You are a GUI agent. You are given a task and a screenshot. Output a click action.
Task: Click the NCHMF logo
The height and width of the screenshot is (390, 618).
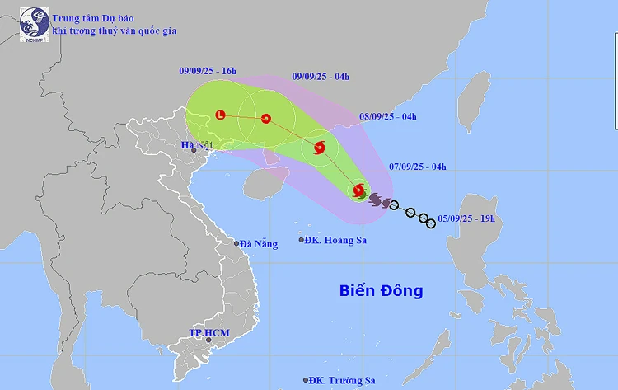click(34, 24)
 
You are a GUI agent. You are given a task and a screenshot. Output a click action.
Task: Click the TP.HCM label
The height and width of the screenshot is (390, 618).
click(209, 333)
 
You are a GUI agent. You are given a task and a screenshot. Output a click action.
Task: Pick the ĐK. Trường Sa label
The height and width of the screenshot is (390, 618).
click(341, 380)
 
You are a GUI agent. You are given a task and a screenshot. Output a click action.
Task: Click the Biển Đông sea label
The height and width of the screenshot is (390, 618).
click(382, 290)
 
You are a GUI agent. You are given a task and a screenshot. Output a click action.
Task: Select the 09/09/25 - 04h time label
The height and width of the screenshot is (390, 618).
click(321, 77)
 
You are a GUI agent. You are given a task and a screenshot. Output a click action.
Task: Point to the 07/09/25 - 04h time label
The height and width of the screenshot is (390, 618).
click(417, 167)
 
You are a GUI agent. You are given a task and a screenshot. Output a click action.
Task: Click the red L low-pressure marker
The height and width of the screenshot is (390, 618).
click(220, 115)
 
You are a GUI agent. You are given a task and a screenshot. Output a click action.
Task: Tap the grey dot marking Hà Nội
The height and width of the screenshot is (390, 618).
click(194, 150)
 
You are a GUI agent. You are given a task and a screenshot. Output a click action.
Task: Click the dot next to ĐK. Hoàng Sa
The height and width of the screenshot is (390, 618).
click(302, 241)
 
